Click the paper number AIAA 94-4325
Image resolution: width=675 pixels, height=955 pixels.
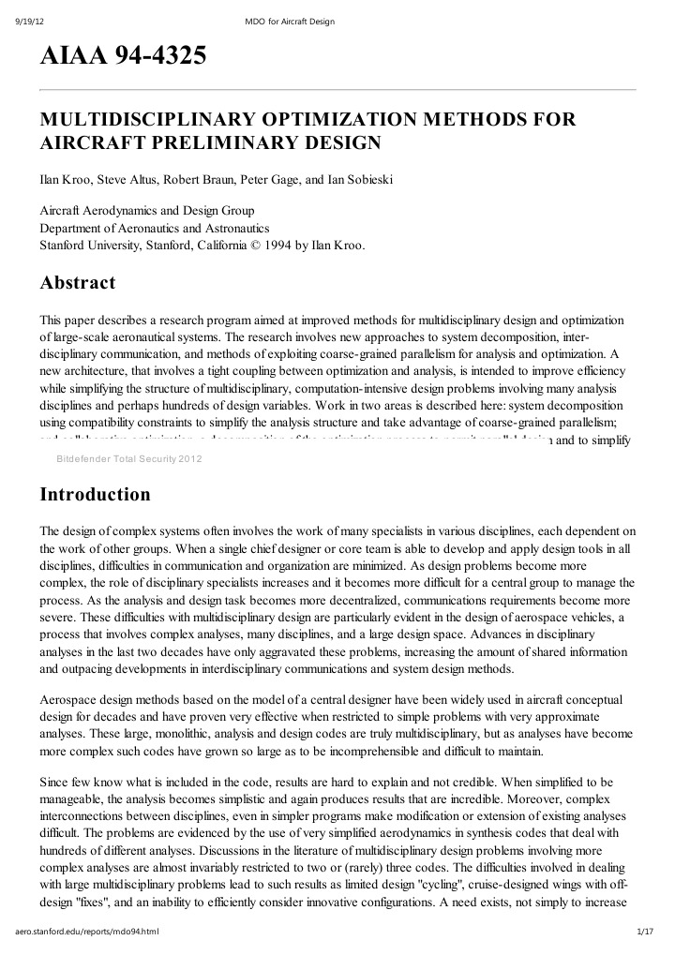[x=122, y=57]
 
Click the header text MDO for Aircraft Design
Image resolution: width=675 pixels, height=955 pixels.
[x=288, y=22]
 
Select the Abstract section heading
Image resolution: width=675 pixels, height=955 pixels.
[x=77, y=282]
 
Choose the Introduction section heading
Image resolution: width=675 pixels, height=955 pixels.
[x=95, y=494]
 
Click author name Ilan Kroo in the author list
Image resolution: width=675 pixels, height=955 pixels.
[x=62, y=177]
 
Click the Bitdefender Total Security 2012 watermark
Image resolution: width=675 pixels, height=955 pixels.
[x=129, y=458]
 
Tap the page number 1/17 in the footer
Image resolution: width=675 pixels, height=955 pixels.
[x=643, y=933]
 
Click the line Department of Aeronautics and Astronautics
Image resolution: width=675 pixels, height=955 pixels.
[x=155, y=228]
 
